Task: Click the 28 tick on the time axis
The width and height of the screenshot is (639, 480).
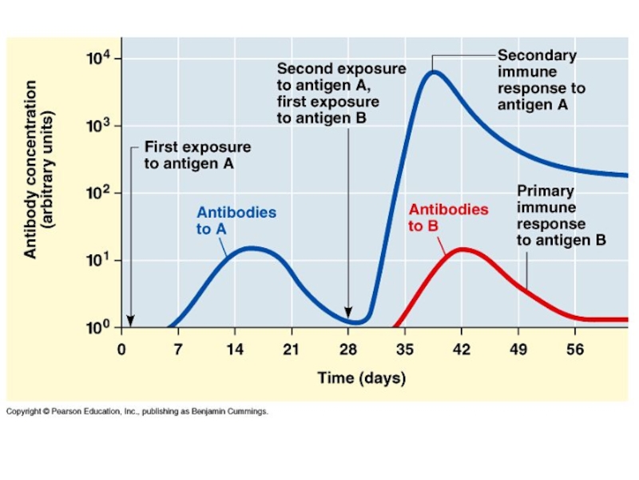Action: coord(347,349)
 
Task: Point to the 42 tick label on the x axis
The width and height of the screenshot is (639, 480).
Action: coord(461,349)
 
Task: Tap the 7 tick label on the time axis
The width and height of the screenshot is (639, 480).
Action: coord(178,349)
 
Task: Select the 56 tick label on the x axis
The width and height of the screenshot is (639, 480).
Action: coord(575,349)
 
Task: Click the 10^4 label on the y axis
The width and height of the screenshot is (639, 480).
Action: coord(102,58)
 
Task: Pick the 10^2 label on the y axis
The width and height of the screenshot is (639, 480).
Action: coord(102,193)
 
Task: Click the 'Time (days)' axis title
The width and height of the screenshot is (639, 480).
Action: coord(361,378)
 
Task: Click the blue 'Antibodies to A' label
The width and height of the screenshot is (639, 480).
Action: coord(236,220)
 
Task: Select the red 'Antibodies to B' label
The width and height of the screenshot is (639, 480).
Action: coord(448,217)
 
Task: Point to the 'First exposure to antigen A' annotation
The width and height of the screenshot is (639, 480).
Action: coord(197,155)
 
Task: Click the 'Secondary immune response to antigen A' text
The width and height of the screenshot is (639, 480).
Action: coord(541,80)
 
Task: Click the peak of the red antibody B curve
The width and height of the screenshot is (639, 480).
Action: coord(462,250)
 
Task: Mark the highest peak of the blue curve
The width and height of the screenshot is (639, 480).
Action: coord(433,72)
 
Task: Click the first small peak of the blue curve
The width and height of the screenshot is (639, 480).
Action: coord(252,248)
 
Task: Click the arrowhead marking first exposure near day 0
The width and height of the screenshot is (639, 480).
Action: coord(131,322)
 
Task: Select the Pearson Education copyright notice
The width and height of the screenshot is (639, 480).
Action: coord(137,411)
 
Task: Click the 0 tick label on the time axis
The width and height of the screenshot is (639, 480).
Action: coord(121,349)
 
